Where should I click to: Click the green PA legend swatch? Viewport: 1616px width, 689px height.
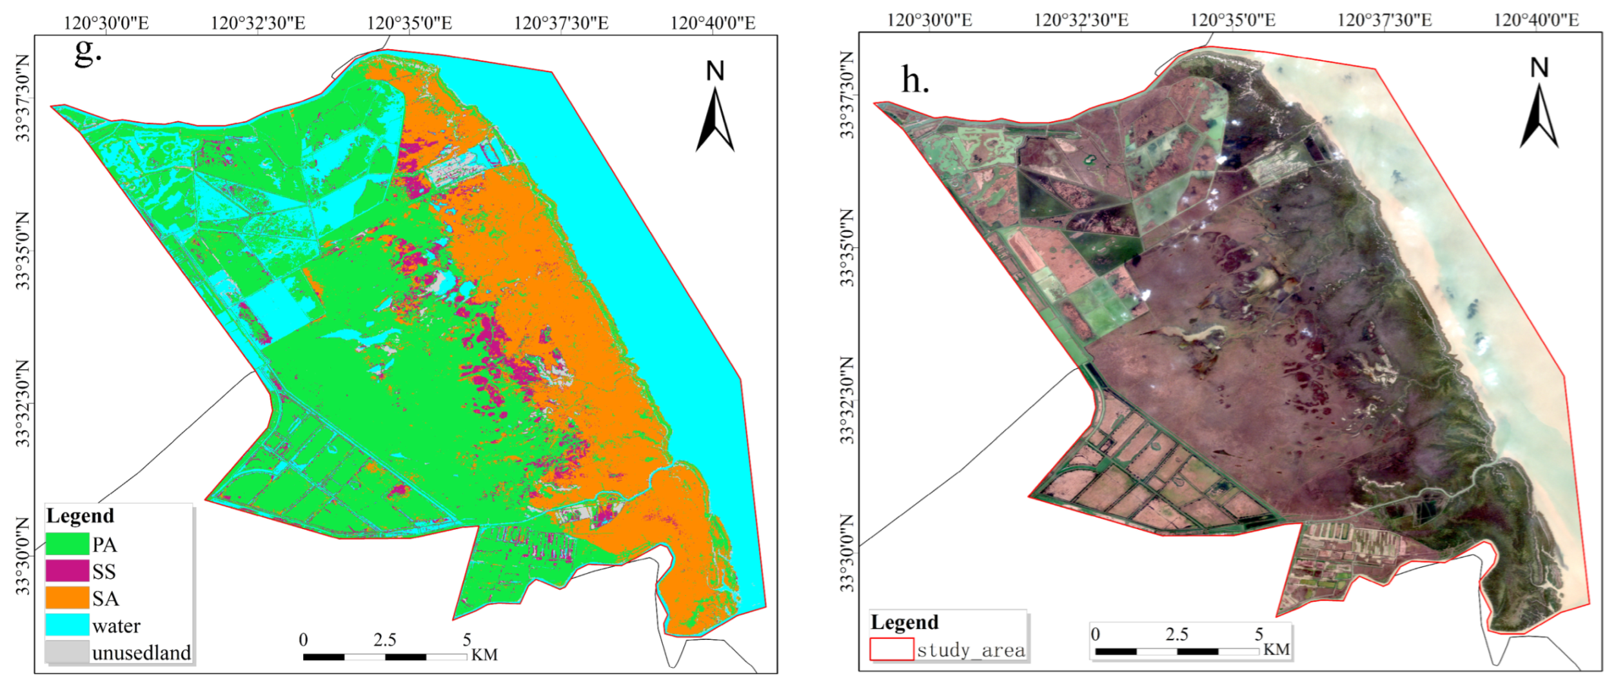coord(67,543)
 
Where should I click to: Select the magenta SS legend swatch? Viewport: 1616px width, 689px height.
coord(67,570)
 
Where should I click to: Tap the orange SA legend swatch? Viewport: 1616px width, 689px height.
coord(67,597)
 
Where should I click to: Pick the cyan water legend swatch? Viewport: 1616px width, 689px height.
coord(67,625)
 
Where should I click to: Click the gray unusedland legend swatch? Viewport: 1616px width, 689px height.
coord(67,652)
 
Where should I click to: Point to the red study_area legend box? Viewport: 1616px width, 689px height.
coord(891,649)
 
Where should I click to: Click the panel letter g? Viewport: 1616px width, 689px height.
coord(87,52)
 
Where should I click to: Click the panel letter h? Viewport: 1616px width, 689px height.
coord(914,81)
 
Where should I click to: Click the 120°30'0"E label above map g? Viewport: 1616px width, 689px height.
coord(106,23)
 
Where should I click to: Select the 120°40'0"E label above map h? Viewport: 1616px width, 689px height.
coord(1536,20)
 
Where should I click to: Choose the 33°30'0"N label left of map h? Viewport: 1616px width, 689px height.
coord(847,553)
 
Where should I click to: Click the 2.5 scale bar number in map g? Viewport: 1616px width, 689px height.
coord(384,640)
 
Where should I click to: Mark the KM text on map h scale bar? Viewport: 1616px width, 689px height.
coord(1276,649)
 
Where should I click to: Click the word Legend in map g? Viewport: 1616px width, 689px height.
coord(80,516)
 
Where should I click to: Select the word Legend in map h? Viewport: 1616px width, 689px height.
coord(904,622)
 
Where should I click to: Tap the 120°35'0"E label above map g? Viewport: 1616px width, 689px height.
coord(409,23)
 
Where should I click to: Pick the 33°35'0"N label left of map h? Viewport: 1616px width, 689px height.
coord(847,247)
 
